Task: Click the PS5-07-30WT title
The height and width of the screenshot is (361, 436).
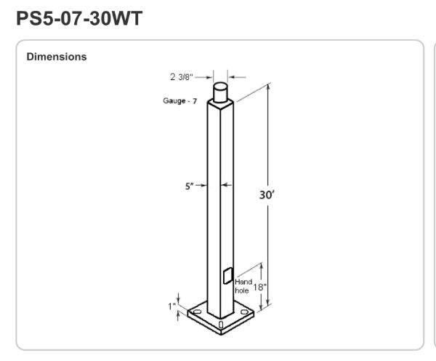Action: click(x=79, y=18)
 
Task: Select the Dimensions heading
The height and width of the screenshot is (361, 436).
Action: click(x=57, y=57)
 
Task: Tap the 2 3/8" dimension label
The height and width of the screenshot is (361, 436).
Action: click(x=181, y=77)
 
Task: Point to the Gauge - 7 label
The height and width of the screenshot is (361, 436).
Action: click(x=180, y=101)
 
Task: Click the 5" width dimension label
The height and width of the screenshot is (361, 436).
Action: click(x=190, y=186)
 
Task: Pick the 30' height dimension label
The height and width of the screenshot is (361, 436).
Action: click(x=267, y=195)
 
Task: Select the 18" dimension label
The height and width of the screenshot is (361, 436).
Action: click(x=259, y=287)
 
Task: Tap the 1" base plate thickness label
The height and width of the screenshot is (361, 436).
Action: click(x=171, y=306)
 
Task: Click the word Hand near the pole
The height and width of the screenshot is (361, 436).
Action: click(x=243, y=282)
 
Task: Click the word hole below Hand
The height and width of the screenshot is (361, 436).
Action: click(x=242, y=290)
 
